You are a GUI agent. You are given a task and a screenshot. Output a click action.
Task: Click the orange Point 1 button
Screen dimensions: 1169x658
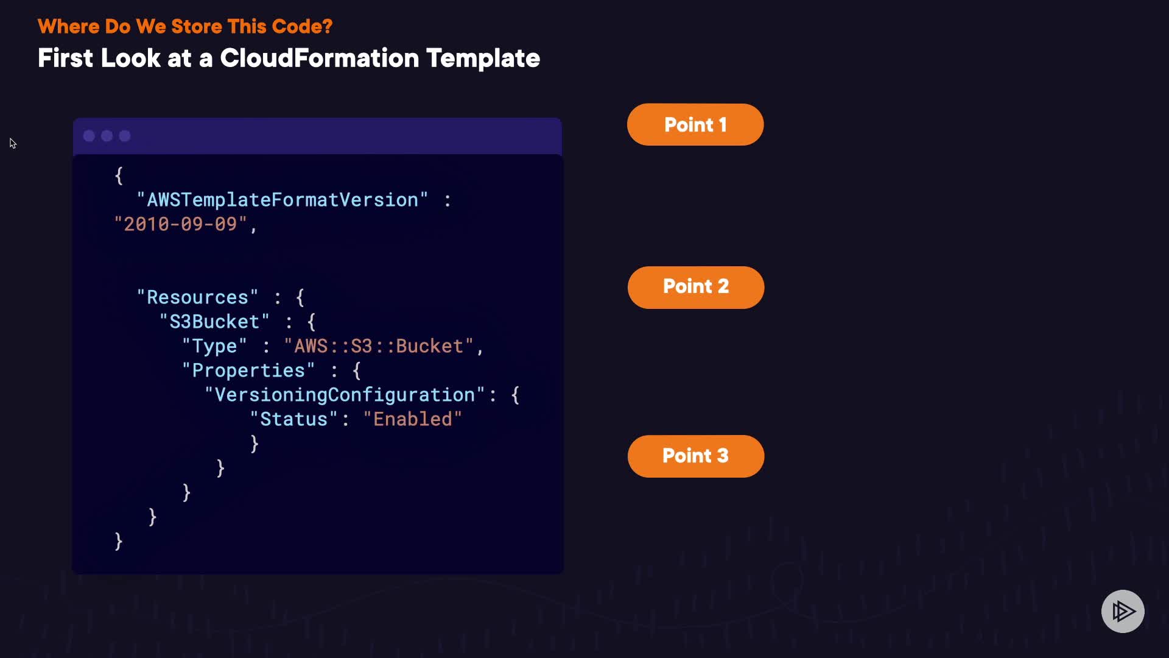695,125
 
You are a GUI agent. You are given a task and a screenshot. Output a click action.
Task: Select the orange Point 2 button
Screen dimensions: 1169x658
696,287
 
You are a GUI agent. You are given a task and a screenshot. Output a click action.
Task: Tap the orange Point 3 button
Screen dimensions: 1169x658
696,456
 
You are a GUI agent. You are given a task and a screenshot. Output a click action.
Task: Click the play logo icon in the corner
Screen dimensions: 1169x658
1123,611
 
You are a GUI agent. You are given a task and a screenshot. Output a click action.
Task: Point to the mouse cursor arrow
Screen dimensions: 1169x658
12,143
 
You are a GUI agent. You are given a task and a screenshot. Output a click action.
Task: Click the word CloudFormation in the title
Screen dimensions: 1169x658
319,58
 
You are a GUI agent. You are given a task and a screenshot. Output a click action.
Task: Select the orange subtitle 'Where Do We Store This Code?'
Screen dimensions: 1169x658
185,26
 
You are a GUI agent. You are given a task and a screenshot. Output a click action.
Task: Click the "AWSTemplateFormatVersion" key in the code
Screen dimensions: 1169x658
283,200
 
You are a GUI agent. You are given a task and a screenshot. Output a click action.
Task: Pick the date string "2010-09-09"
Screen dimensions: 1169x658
180,224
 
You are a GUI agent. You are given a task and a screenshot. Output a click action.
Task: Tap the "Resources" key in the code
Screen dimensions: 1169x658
197,297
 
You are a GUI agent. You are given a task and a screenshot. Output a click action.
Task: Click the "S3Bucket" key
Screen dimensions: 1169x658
214,322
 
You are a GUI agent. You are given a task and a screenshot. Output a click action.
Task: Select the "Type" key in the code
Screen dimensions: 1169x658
214,346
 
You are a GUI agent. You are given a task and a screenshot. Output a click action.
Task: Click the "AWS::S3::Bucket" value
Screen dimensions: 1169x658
378,346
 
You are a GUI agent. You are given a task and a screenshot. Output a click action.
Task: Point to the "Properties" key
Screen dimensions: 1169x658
248,370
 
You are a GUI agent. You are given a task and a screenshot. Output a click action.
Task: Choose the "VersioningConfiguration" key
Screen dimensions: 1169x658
345,395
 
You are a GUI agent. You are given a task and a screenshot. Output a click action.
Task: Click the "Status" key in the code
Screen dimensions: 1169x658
293,419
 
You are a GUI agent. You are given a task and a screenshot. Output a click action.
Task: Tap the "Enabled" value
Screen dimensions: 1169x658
412,419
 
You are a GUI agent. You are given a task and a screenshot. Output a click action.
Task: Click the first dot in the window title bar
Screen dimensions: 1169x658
89,136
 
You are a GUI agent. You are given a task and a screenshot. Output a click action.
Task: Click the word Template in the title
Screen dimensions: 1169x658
483,58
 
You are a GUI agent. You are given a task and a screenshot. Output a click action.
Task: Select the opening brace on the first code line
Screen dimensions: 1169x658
119,176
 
